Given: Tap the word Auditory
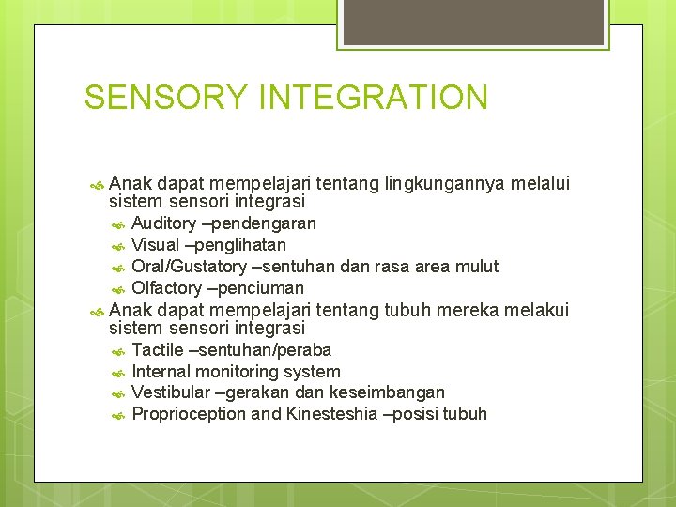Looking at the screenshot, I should [164, 223].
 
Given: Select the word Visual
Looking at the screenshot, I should [155, 245].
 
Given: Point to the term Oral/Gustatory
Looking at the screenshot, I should [189, 267].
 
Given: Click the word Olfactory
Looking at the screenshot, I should [166, 288].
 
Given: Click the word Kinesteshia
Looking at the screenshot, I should [331, 414].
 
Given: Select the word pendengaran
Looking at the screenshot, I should [267, 223].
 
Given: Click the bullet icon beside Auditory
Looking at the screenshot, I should [117, 224].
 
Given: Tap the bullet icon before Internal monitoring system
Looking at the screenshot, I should [117, 373].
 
